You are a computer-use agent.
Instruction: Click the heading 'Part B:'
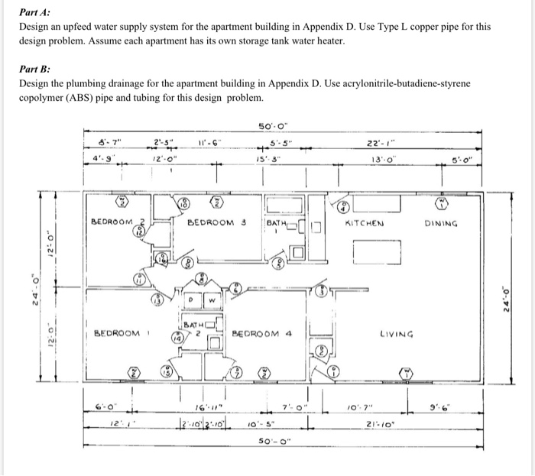(x=37, y=67)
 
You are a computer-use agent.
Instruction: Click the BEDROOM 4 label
(x=263, y=333)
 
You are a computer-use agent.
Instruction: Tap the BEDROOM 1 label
(x=118, y=333)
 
